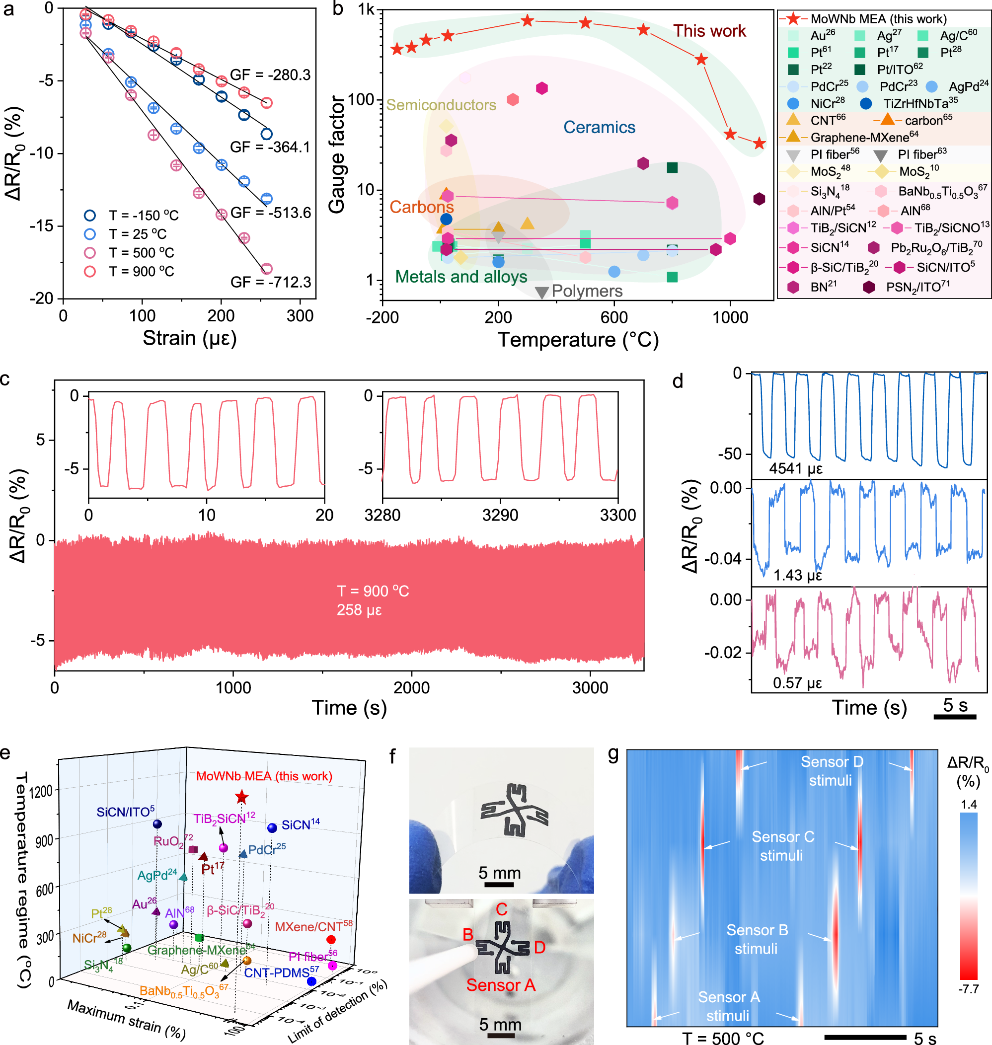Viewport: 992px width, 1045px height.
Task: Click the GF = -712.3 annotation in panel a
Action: pyautogui.click(x=271, y=282)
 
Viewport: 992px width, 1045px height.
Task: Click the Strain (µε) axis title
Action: pyautogui.click(x=189, y=338)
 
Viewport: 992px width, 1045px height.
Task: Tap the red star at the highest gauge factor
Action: pyautogui.click(x=527, y=21)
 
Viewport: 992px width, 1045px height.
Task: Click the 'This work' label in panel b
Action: pyautogui.click(x=708, y=31)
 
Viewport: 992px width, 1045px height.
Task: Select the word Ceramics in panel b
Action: pyautogui.click(x=599, y=127)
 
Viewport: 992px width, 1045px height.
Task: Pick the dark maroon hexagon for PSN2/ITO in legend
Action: pyautogui.click(x=868, y=287)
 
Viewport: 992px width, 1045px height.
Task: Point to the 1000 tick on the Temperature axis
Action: pyautogui.click(x=730, y=317)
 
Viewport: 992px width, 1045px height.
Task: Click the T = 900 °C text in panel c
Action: pyautogui.click(x=373, y=591)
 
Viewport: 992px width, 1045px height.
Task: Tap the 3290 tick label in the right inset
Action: pyautogui.click(x=500, y=515)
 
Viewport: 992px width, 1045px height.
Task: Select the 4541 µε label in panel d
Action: pyautogui.click(x=795, y=468)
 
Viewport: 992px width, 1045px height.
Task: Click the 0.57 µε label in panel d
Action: pyautogui.click(x=797, y=683)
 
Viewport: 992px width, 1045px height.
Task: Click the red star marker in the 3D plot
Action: pyautogui.click(x=241, y=797)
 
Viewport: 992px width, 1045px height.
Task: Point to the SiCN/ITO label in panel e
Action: pyautogui.click(x=125, y=812)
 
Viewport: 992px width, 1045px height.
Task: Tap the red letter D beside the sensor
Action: pyautogui.click(x=539, y=947)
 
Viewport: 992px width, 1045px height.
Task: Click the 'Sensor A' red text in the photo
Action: pyautogui.click(x=500, y=985)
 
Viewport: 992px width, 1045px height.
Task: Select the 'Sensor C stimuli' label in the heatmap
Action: pyautogui.click(x=782, y=846)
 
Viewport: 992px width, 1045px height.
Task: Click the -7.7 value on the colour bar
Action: pyautogui.click(x=968, y=989)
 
